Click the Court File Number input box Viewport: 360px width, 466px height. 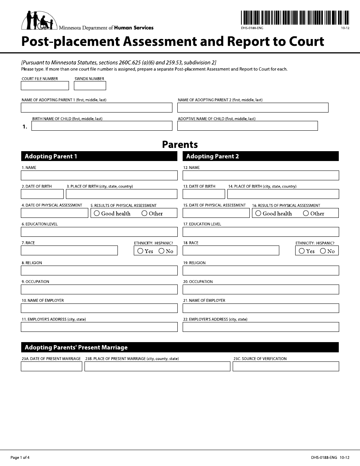pos(45,86)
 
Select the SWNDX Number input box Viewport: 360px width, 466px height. pos(90,86)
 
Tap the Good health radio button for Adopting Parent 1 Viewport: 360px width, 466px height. pos(97,213)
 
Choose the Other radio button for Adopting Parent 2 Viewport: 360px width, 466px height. pos(306,213)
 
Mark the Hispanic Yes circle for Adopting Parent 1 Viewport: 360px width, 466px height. pos(140,251)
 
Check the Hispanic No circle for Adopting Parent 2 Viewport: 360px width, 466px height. pos(323,251)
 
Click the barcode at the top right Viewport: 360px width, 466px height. pos(294,17)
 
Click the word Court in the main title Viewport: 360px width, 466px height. pos(307,41)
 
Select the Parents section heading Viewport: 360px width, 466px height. pos(180,144)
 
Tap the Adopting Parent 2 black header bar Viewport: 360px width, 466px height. pos(261,156)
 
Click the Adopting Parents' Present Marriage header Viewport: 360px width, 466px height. pos(180,347)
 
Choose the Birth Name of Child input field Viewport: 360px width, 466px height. pos(102,126)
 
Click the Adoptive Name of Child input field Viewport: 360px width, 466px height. pos(247,126)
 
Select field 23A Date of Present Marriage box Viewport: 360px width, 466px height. pos(52,366)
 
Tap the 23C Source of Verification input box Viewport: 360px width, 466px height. pos(286,366)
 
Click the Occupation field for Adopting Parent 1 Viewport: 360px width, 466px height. pos(99,289)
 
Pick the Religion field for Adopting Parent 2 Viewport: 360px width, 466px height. pos(261,271)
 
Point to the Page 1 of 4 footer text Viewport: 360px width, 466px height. pos(20,458)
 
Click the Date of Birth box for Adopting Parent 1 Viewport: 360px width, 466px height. pos(42,194)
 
